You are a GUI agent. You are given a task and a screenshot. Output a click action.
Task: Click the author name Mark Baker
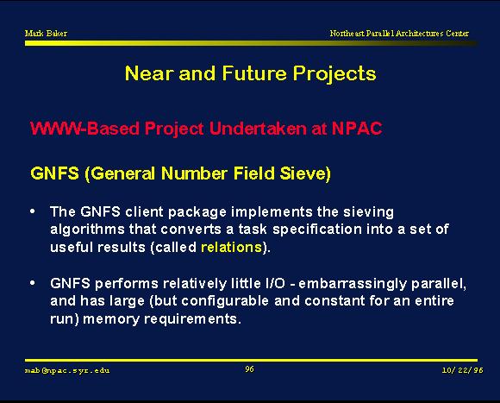(x=46, y=33)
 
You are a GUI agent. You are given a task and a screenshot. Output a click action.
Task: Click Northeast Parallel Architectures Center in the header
(x=399, y=33)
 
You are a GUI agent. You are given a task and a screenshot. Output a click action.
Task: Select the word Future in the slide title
(x=254, y=73)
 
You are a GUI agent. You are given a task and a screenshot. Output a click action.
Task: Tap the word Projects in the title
(x=334, y=73)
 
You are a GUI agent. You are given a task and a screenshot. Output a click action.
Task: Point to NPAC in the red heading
(x=357, y=129)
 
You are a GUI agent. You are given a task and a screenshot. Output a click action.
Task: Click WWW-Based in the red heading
(x=84, y=129)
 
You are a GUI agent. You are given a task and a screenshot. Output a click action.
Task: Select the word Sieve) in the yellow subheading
(x=305, y=173)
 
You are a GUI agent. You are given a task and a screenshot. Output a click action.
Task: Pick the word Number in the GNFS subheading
(x=195, y=173)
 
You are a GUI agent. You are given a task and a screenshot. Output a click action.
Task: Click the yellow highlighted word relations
(x=232, y=248)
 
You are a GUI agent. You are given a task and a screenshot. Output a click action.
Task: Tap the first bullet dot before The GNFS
(x=33, y=211)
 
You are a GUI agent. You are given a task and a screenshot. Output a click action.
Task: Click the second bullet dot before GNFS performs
(x=33, y=283)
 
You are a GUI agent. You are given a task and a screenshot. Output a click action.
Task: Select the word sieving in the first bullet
(x=368, y=212)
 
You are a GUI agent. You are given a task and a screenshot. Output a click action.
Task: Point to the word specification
(x=317, y=230)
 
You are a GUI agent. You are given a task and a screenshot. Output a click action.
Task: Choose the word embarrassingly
(x=353, y=284)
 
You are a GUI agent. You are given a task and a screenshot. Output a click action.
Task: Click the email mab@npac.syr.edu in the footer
(x=67, y=370)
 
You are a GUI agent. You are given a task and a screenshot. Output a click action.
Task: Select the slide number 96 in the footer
(x=250, y=369)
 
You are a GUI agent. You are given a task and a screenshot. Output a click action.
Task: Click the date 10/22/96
(x=462, y=370)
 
